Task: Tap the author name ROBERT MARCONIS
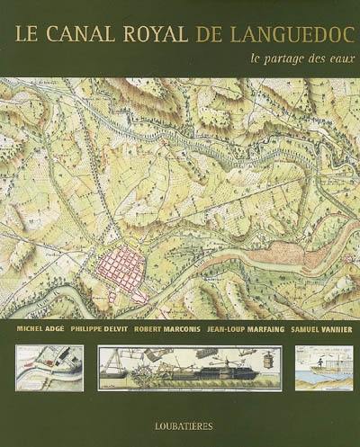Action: coord(166,330)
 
